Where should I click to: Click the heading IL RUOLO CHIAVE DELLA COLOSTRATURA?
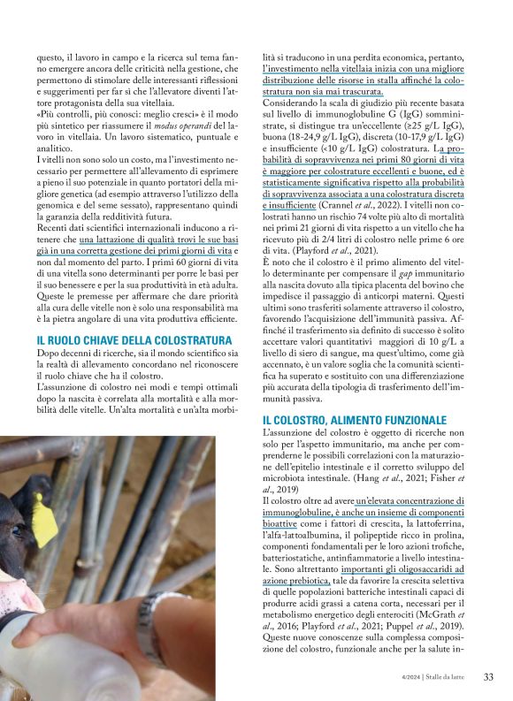pyautogui.click(x=122, y=340)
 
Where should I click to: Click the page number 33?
pyautogui.click(x=488, y=677)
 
